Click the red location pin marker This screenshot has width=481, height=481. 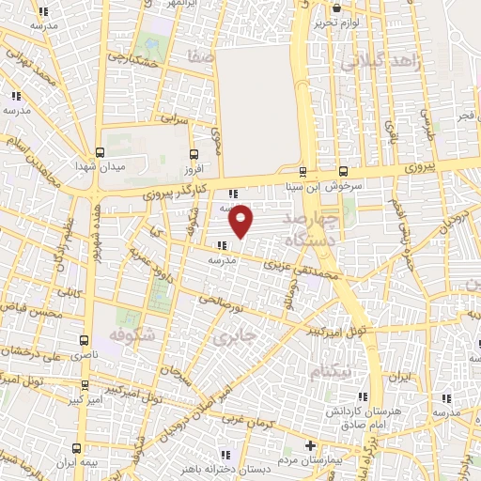coord(242,220)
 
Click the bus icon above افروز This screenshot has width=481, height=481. coord(194,153)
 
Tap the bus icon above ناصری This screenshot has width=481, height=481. coord(84,340)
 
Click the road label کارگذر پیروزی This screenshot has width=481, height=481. coord(179,193)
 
